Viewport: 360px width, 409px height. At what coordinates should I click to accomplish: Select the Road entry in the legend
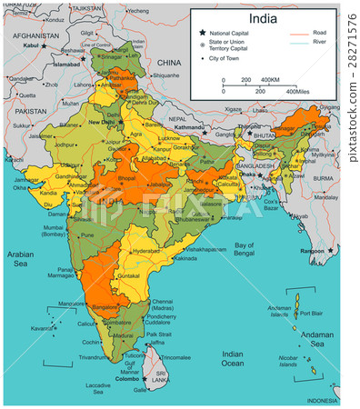pyautogui.click(x=319, y=32)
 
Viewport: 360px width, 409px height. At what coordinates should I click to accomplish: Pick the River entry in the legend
pyautogui.click(x=319, y=42)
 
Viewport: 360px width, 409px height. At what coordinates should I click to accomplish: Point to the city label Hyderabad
pyautogui.click(x=145, y=249)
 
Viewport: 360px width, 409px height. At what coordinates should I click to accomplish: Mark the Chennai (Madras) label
pyautogui.click(x=164, y=304)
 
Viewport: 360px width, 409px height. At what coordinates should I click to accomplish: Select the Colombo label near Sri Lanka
pyautogui.click(x=141, y=378)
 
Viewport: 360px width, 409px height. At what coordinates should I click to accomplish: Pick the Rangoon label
pyautogui.click(x=313, y=251)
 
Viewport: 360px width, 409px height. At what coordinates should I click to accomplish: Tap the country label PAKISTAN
pyautogui.click(x=29, y=110)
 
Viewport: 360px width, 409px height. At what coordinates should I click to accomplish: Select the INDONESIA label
pyautogui.click(x=323, y=400)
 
